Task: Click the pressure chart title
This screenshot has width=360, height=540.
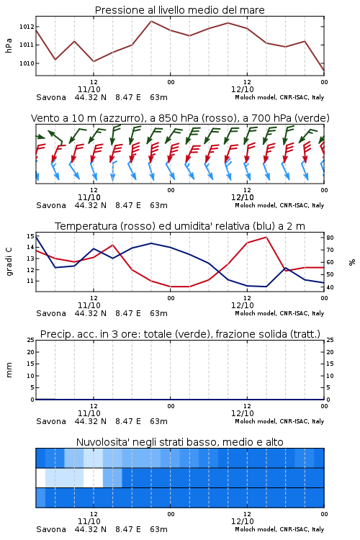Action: click(179, 10)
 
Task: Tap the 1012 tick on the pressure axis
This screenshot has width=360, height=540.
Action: click(27, 27)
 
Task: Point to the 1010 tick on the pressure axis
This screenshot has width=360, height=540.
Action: click(27, 63)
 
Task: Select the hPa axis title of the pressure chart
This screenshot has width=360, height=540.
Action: click(9, 45)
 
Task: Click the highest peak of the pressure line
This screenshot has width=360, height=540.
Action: click(151, 21)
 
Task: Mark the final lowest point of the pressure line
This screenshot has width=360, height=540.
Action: click(324, 71)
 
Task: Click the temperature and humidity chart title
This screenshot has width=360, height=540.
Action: click(179, 226)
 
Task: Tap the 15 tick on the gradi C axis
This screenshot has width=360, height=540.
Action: click(30, 236)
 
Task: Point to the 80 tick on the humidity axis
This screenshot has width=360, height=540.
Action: click(330, 238)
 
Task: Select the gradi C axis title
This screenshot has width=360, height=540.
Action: click(9, 261)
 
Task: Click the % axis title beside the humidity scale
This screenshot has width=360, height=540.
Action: click(352, 262)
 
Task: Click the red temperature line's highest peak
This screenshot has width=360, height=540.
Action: click(266, 237)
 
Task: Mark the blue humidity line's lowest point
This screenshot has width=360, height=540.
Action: click(266, 287)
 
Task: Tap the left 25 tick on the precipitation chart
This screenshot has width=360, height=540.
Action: click(30, 340)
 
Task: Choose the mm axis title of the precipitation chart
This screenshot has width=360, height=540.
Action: click(9, 369)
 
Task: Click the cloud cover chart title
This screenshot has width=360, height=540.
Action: click(179, 442)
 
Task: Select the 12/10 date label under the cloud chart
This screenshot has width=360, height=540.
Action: click(242, 521)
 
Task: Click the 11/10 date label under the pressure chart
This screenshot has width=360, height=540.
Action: click(89, 89)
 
